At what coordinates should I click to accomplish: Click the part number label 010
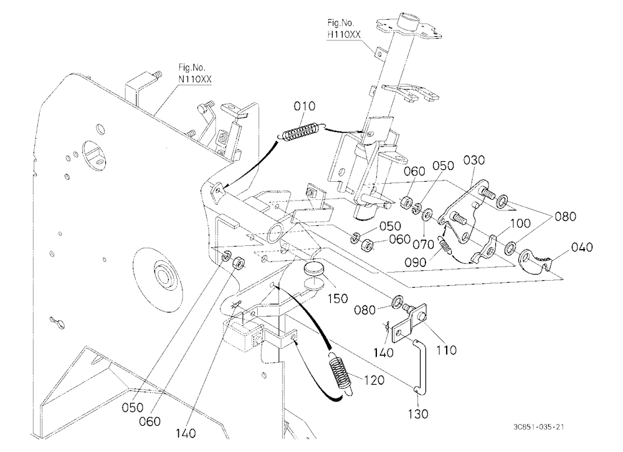click(305, 106)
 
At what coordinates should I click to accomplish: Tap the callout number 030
click(474, 160)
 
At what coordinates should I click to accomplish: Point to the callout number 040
click(582, 247)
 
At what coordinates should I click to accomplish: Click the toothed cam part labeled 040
click(536, 261)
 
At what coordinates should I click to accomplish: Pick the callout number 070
click(423, 244)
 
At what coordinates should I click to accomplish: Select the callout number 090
click(416, 262)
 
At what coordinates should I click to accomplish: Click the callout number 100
click(520, 224)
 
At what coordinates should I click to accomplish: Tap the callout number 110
click(446, 350)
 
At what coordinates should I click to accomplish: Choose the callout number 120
click(374, 380)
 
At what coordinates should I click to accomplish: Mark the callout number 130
click(418, 414)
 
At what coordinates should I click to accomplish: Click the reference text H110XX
click(344, 35)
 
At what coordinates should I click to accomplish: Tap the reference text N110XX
click(194, 79)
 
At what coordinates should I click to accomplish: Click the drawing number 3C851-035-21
click(538, 427)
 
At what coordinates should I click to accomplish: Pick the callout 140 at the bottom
click(186, 433)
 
